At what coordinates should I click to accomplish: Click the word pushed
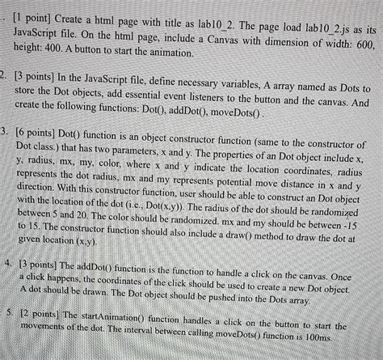click(x=208, y=299)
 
